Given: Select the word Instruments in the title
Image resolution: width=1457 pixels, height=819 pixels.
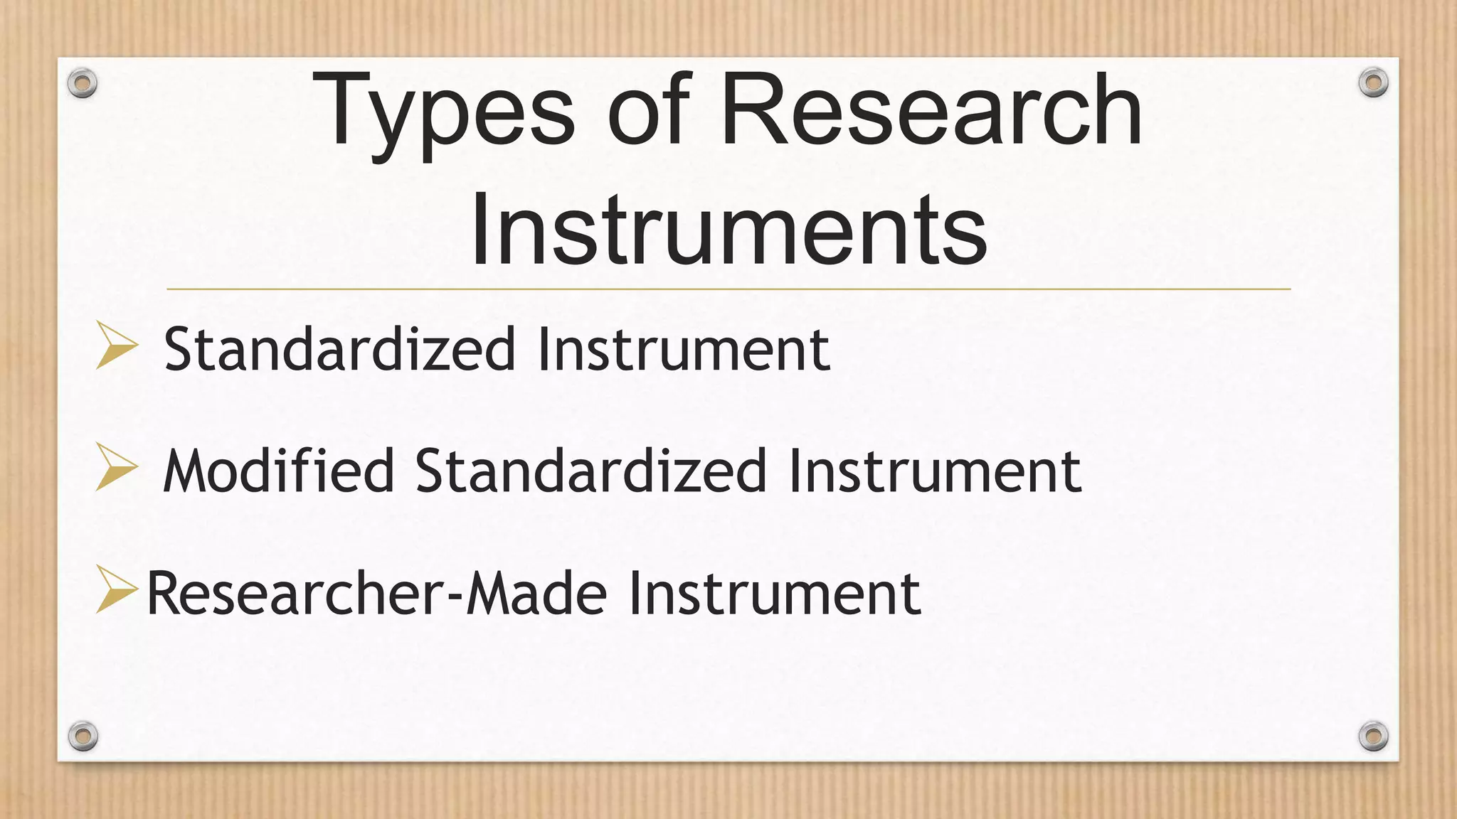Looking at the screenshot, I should pos(728,229).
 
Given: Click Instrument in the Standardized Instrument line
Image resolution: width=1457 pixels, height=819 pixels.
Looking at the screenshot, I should pos(684,349).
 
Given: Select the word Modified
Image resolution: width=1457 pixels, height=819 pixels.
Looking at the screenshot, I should pos(278,471).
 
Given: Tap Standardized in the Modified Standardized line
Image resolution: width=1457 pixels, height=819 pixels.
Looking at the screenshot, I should pos(591,471).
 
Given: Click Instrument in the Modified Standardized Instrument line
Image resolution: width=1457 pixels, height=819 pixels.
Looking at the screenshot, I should pos(935,471).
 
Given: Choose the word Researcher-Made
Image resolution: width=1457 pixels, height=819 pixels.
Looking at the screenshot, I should pos(376,593).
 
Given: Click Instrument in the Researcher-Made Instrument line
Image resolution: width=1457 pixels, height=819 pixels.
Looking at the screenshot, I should pos(775,593).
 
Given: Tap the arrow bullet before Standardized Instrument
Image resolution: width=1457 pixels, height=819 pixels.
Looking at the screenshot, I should pos(117,346).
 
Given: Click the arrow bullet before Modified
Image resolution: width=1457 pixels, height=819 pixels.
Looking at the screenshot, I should pos(117,467).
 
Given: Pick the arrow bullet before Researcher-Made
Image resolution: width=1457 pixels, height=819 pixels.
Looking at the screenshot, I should pos(117,589).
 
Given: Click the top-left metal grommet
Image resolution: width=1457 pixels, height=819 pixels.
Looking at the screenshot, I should pos(83,84).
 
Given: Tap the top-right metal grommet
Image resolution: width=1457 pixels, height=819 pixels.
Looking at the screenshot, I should pos(1373,83).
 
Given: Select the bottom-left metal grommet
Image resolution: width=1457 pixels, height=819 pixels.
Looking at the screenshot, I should pos(83,736).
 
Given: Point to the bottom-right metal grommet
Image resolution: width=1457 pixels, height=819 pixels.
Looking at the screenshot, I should pos(1373,736).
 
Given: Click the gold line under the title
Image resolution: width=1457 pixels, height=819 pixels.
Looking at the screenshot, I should pos(728,289).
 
